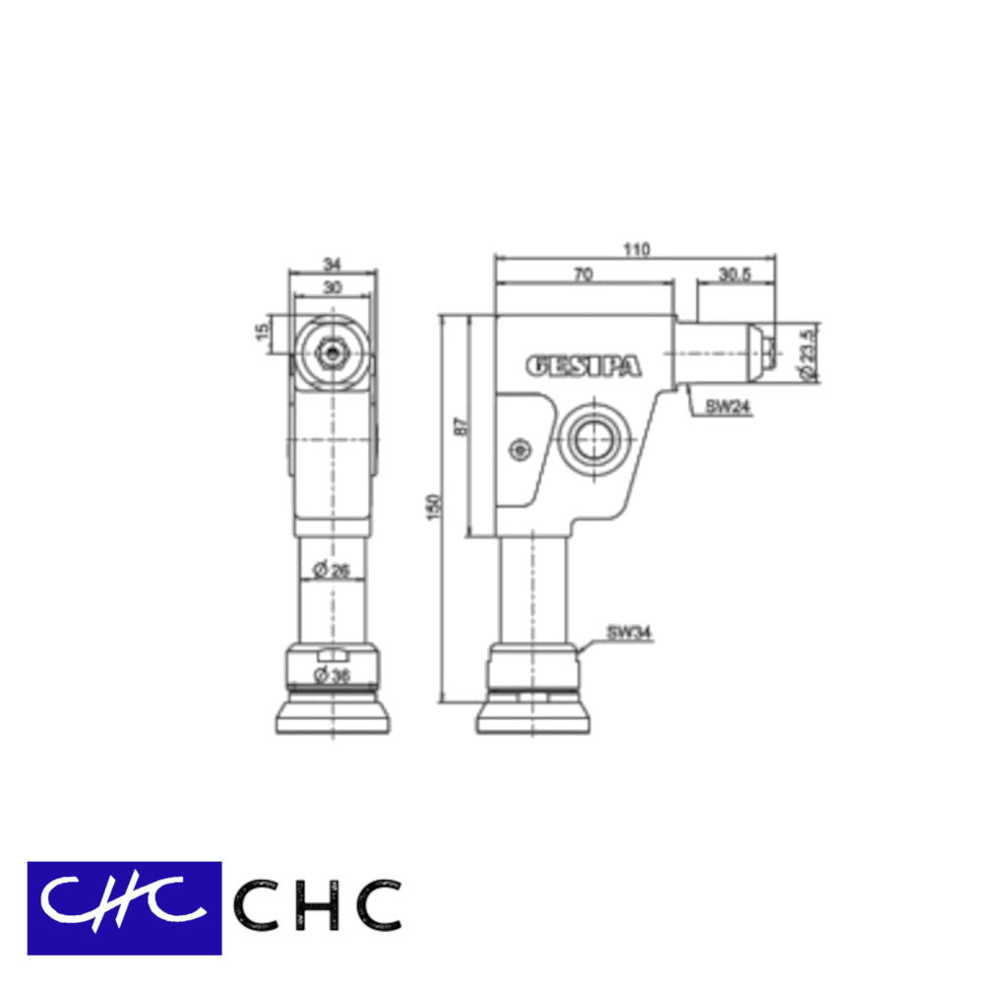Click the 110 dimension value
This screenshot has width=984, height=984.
coord(636,250)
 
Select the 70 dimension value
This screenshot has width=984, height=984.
coord(583,276)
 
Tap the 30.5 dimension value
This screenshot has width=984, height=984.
coord(734,276)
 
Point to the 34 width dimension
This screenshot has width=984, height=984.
coord(333,263)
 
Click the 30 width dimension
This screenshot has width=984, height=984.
coord(333,286)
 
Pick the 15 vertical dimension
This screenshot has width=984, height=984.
coord(262,333)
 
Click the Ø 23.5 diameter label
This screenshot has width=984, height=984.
coord(808,356)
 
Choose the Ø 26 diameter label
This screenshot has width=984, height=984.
coord(332,569)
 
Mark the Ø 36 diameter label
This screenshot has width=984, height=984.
coord(332,674)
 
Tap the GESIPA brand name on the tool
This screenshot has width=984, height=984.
coord(584,366)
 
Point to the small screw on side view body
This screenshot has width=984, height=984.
coord(519,450)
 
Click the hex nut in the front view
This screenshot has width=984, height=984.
coord(334,350)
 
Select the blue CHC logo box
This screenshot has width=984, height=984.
coord(124,907)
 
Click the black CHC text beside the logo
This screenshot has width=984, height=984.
coord(318,906)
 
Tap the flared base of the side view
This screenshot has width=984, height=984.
coord(534,716)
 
